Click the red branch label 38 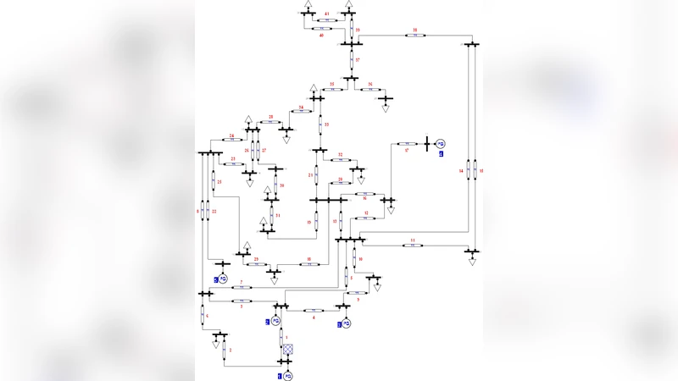point(415,30)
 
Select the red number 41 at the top point(327,14)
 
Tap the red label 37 point(358,60)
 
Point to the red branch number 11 point(413,240)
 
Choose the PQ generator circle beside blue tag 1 point(288,375)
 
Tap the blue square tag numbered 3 point(268,323)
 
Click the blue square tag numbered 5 point(217,279)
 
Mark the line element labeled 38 point(415,36)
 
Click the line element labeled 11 point(413,246)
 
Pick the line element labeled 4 point(314,311)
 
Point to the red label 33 point(326,124)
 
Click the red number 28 point(271,116)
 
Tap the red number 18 point(308,259)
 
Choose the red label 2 point(230,350)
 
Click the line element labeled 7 point(242,288)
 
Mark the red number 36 point(370,85)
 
